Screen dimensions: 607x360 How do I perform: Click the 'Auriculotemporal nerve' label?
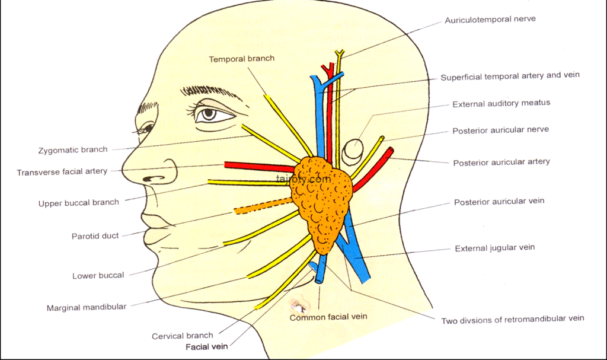[490, 20]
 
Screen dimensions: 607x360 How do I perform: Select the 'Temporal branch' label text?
[242, 59]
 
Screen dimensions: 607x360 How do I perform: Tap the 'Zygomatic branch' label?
[73, 150]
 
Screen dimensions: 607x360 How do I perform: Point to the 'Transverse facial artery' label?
[62, 171]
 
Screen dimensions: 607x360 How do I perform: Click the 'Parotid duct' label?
[95, 236]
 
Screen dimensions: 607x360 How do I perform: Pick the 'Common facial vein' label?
[328, 317]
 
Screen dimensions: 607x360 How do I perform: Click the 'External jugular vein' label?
[495, 248]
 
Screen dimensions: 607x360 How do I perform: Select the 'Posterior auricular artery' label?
[501, 162]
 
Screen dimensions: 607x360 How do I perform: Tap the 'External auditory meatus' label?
[501, 103]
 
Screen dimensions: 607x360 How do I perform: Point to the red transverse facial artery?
[260, 167]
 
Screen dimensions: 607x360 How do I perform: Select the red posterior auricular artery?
[373, 170]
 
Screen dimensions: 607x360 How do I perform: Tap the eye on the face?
[210, 113]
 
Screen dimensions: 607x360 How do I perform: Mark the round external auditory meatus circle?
[353, 149]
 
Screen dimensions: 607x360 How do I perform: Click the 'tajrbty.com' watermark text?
[304, 179]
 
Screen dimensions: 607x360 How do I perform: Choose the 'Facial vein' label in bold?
[207, 347]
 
